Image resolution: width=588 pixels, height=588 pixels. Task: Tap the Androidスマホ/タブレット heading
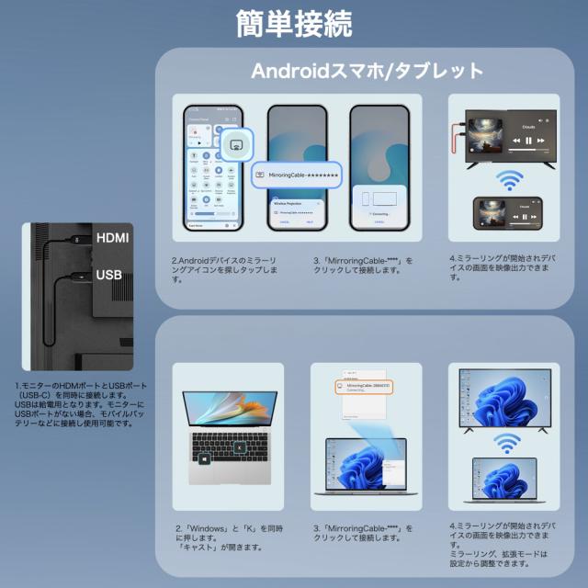(x=367, y=71)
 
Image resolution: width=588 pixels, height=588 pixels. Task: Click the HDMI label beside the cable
(x=114, y=238)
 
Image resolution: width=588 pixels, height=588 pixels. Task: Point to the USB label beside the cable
(x=109, y=275)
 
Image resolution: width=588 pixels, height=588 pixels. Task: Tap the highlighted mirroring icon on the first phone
(x=236, y=144)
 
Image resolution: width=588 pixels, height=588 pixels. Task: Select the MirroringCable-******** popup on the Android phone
(x=295, y=174)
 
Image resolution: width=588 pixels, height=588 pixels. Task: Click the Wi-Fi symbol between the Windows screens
(x=504, y=445)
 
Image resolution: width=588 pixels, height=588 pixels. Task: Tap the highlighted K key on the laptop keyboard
(x=239, y=448)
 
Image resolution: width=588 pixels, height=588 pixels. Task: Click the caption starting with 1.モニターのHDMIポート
(x=80, y=405)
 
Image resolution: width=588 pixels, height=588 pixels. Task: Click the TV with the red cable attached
(x=508, y=135)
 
